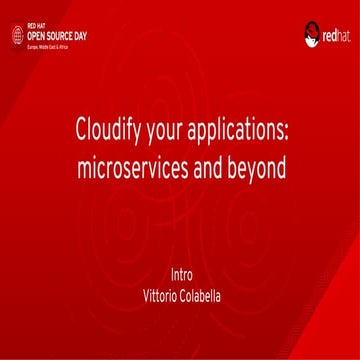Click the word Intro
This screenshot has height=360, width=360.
[180, 273]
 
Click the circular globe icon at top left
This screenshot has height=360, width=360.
[16, 34]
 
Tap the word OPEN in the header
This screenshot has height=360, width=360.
[36, 34]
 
